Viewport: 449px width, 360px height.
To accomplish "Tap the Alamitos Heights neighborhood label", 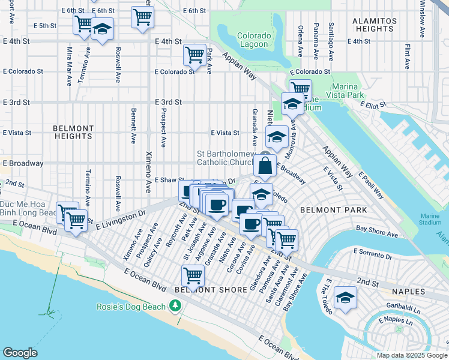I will click(x=374, y=25).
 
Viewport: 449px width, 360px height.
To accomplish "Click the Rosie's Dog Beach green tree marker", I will click(x=175, y=307).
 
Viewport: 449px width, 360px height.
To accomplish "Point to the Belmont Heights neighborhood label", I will click(x=73, y=132).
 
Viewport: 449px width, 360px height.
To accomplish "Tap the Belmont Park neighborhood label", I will click(x=324, y=211).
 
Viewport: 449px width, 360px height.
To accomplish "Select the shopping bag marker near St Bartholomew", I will click(x=265, y=166).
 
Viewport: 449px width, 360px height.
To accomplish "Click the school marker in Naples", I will click(x=345, y=298).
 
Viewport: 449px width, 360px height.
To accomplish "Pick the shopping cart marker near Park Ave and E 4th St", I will click(x=195, y=55).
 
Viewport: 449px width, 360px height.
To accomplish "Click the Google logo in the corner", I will click(x=20, y=353).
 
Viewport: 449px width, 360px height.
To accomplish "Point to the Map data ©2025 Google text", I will click(x=411, y=355).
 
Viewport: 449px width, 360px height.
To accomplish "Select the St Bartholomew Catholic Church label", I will click(x=226, y=158).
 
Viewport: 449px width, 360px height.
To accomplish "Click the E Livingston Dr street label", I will click(x=121, y=219).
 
